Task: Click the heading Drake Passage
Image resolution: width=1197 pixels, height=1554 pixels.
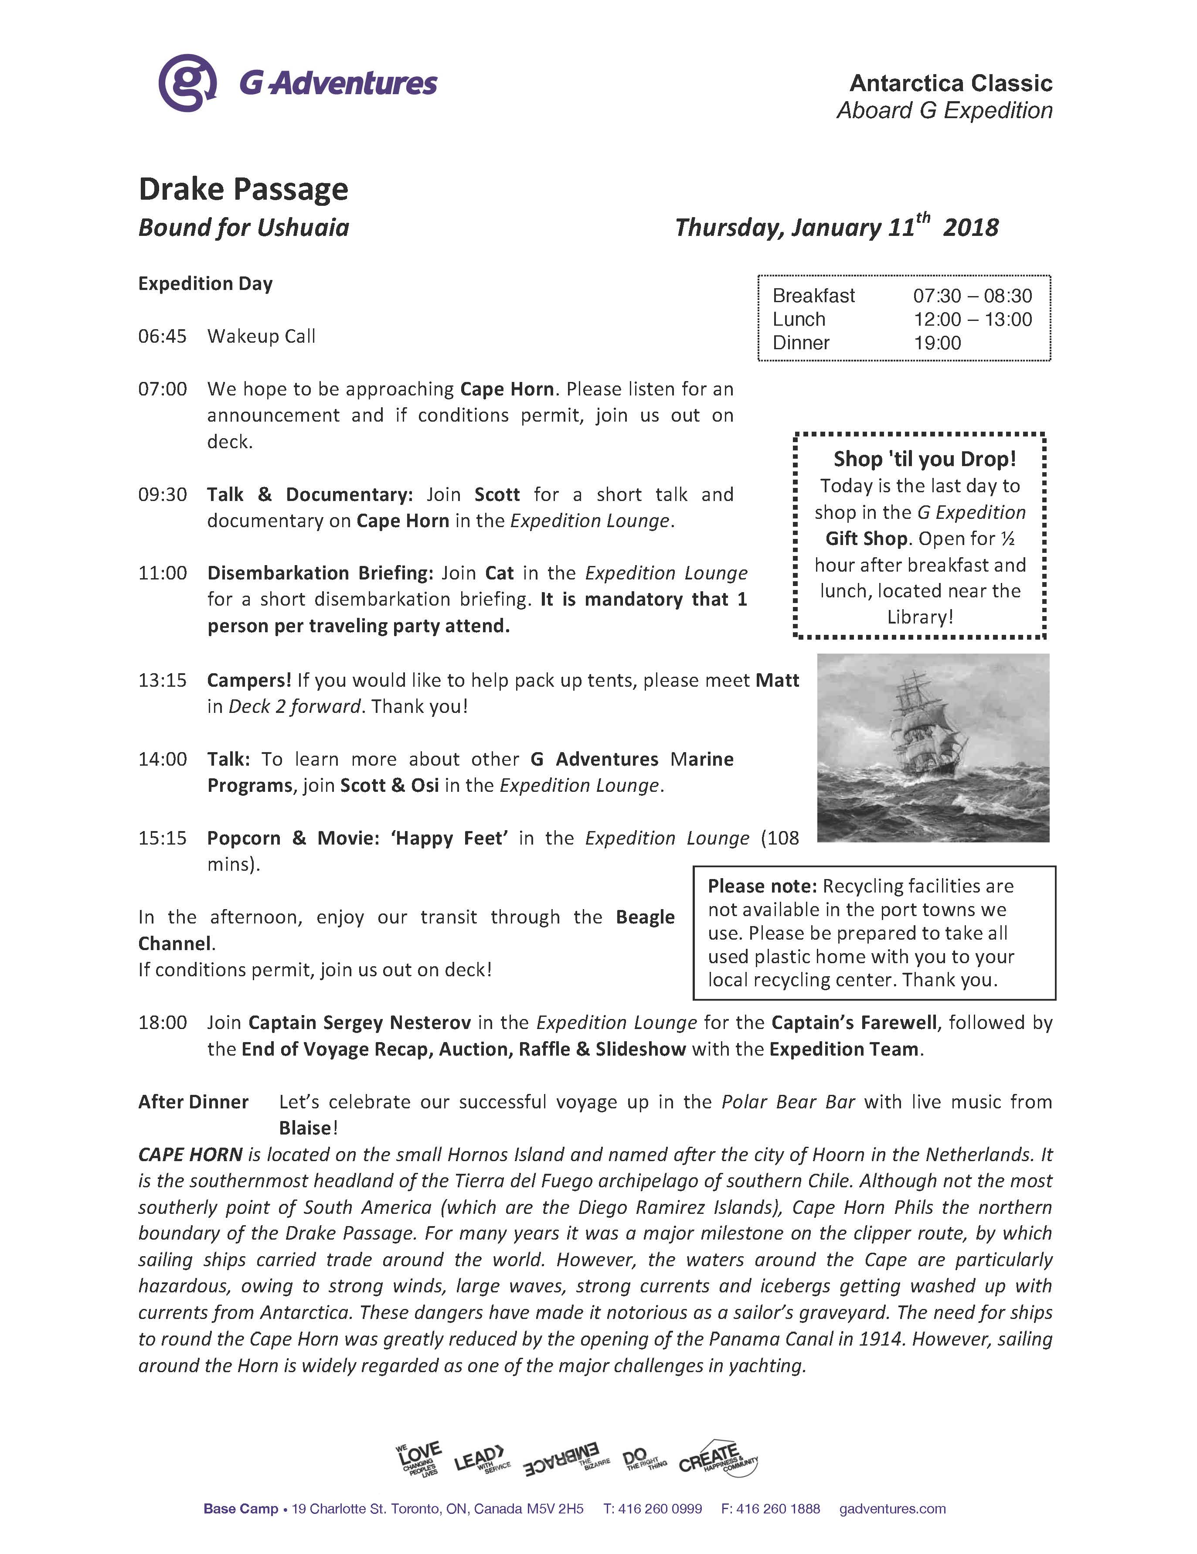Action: [x=243, y=189]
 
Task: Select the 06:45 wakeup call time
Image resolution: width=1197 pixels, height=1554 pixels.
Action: [x=162, y=337]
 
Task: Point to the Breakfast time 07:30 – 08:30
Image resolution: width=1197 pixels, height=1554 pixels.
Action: [x=972, y=296]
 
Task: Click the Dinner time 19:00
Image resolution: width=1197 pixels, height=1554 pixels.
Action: [x=937, y=343]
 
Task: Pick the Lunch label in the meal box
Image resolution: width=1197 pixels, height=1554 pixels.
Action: [x=799, y=320]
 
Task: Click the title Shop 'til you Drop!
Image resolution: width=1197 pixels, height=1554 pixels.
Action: [x=924, y=459]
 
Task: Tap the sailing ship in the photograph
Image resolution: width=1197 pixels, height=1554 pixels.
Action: [x=925, y=733]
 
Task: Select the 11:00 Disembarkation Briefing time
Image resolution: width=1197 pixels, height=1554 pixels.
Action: [x=162, y=573]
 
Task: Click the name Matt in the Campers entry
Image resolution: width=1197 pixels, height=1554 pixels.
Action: [x=777, y=681]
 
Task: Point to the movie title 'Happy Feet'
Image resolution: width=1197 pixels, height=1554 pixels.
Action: [x=449, y=838]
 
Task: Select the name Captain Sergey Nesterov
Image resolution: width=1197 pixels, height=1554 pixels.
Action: [x=359, y=1023]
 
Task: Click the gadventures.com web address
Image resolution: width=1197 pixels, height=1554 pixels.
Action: [x=892, y=1509]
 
